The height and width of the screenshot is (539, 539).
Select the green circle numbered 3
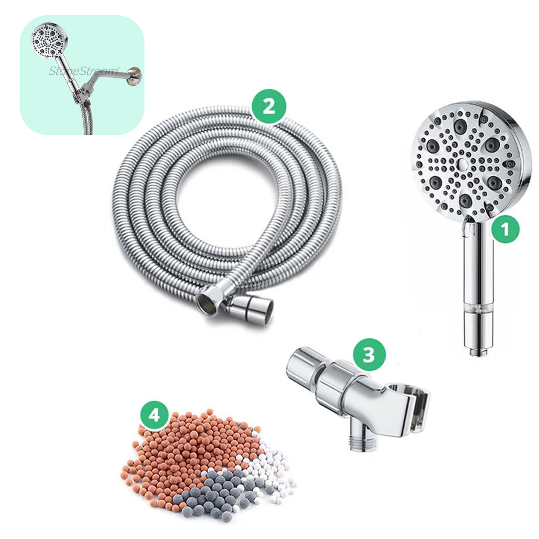pos(368,355)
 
